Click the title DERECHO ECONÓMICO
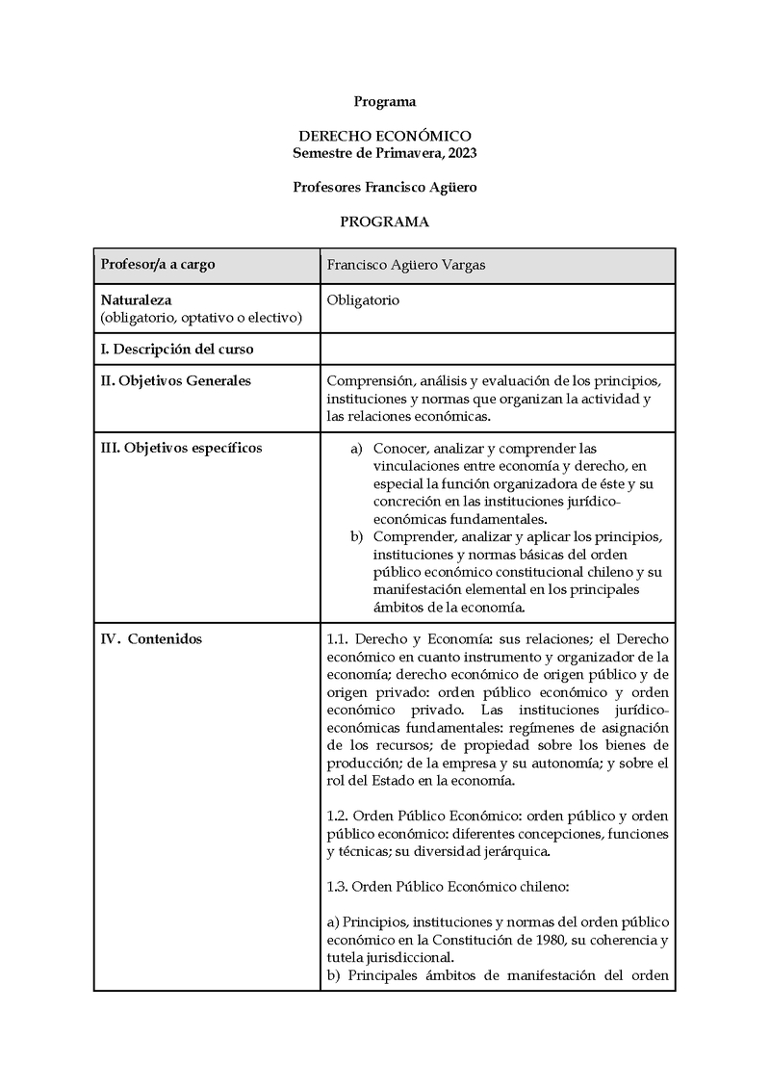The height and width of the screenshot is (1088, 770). (385, 137)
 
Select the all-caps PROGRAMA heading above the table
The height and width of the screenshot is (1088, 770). (385, 221)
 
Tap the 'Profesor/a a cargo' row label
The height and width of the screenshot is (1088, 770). (158, 265)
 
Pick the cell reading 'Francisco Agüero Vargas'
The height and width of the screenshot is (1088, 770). (406, 265)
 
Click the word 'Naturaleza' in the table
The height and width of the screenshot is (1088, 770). (137, 299)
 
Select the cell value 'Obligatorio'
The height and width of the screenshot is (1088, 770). (363, 299)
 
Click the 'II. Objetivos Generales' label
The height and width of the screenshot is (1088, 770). (176, 380)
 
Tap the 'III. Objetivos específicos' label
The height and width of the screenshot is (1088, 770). (181, 447)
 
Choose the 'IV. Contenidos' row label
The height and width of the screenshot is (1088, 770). (151, 639)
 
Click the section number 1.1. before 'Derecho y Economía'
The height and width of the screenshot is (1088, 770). (341, 639)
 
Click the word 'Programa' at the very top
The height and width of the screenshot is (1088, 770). (385, 101)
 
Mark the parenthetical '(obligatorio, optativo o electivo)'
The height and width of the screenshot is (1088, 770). (201, 317)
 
